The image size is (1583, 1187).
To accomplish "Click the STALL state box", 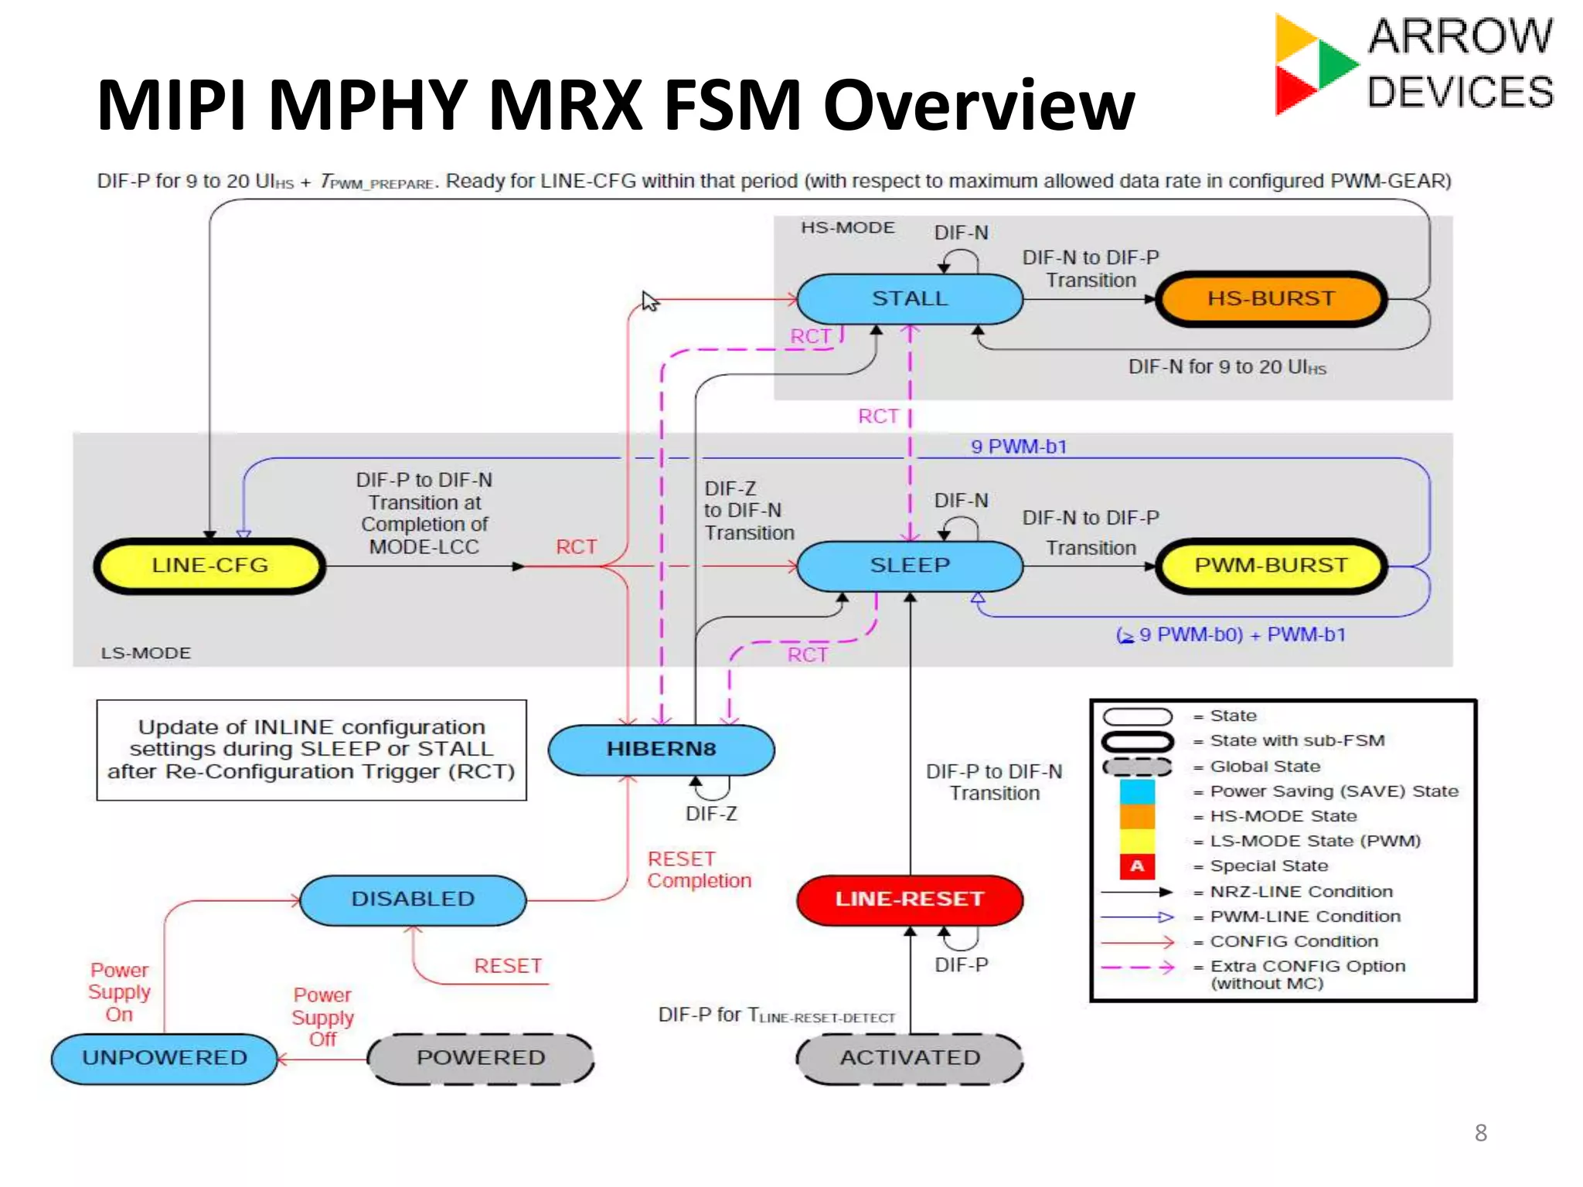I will click(909, 299).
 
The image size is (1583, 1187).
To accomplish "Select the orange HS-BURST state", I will click(1271, 299).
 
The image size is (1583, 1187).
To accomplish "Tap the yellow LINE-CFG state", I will click(209, 566).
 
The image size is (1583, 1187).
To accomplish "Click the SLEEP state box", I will click(909, 566).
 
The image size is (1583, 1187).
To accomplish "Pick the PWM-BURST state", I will click(1271, 566).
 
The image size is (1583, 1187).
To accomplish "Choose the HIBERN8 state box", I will click(661, 749).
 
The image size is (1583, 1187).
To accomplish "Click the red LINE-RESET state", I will click(909, 900).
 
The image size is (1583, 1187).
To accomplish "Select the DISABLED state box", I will click(413, 900).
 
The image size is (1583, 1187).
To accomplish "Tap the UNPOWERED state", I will click(165, 1058).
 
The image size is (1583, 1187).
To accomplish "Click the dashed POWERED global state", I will click(481, 1058).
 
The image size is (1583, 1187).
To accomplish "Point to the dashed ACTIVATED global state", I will click(909, 1058).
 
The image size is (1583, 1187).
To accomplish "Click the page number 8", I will click(1480, 1133).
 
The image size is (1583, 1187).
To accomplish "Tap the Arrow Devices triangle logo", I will click(1314, 65).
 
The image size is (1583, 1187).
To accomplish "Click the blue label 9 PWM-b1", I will click(1019, 447).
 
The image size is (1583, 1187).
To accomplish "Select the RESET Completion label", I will click(699, 870).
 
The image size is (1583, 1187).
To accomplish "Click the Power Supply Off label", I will click(322, 1017).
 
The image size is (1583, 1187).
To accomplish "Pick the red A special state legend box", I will click(1137, 866).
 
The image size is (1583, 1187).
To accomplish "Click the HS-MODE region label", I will click(847, 228).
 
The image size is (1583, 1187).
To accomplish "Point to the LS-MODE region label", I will click(145, 653).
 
